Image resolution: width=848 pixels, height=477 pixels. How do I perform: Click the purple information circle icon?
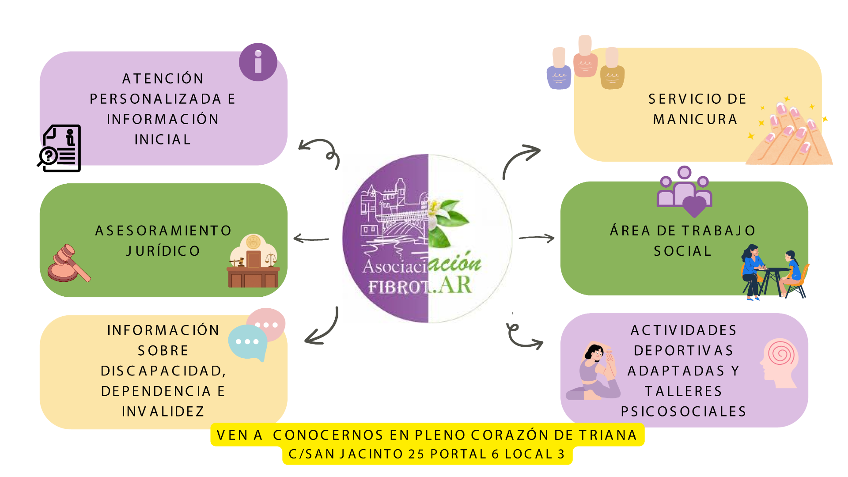point(258,62)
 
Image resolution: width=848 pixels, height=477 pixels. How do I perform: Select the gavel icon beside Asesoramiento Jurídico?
point(68,264)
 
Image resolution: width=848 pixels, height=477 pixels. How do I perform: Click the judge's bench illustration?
point(254,263)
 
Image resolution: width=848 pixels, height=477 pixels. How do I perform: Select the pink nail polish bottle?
point(585,57)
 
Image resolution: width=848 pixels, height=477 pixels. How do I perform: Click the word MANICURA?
point(695,119)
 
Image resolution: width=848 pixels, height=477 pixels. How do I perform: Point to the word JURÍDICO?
point(163,251)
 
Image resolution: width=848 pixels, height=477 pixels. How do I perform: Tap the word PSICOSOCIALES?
point(683,412)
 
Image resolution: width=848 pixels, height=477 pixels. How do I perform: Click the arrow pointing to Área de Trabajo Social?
point(536,238)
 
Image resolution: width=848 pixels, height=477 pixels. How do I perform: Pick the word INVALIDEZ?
point(163,412)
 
